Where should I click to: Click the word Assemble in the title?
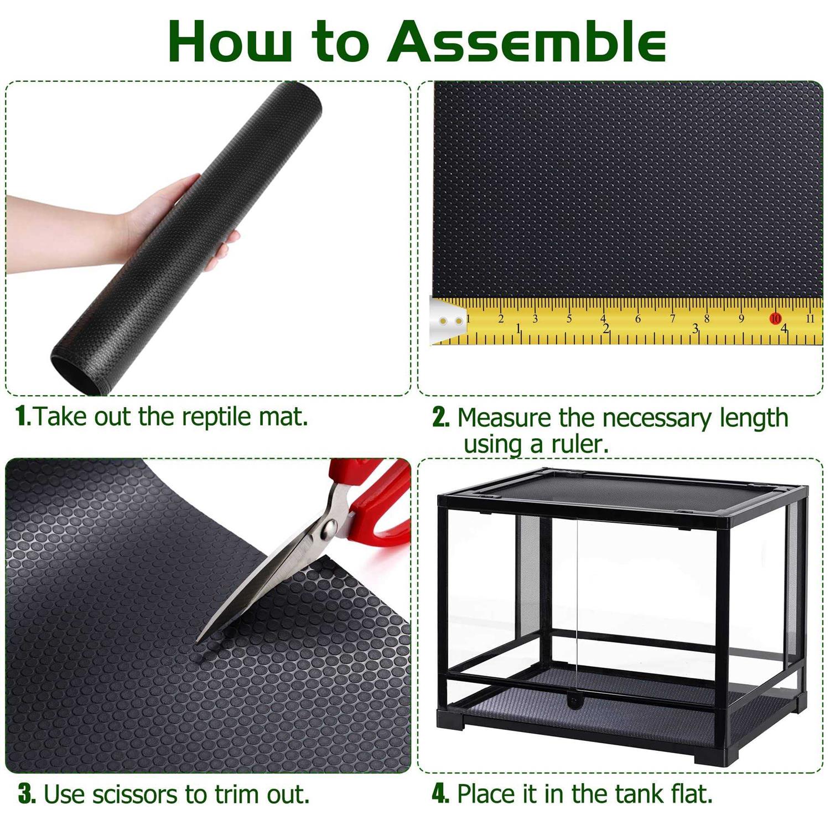[526, 42]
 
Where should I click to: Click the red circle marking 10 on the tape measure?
[775, 318]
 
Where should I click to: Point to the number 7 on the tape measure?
[673, 318]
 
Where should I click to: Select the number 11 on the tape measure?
[810, 318]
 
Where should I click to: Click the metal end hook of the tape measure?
[448, 321]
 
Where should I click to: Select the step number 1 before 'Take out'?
[24, 416]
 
